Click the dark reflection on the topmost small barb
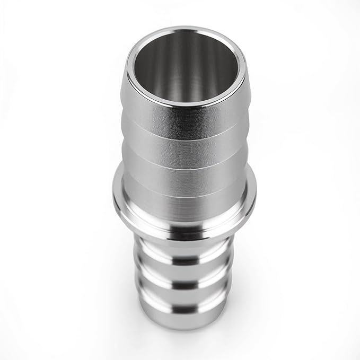coord(186,261)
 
